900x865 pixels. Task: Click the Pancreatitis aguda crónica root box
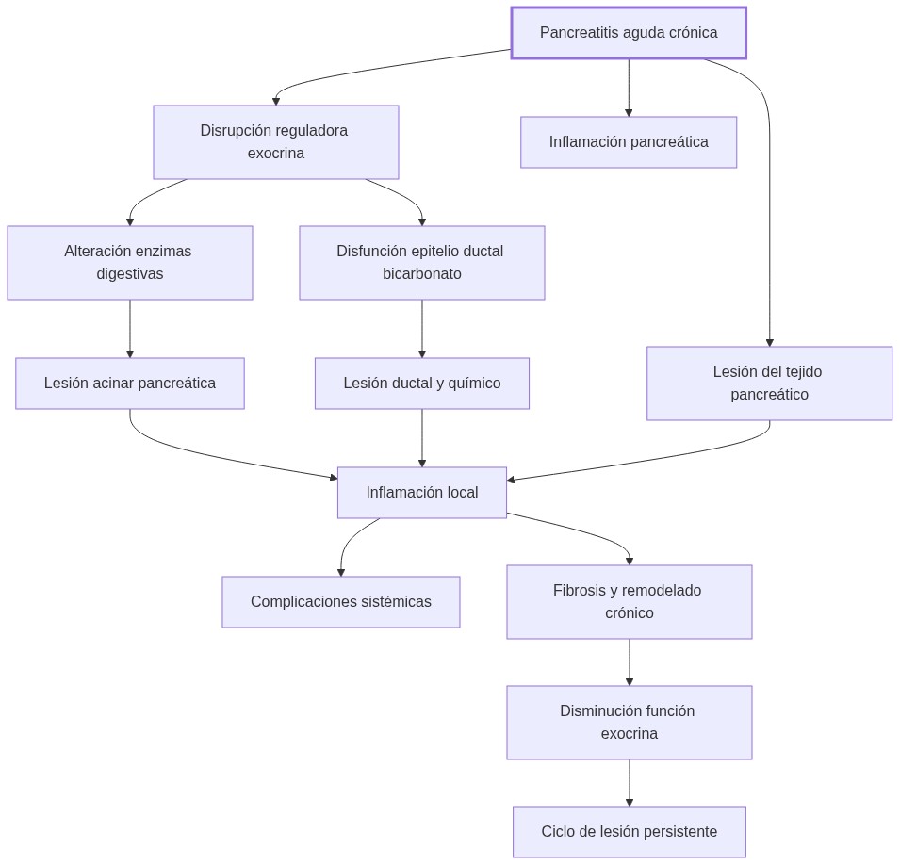click(629, 33)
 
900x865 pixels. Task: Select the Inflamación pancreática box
click(629, 142)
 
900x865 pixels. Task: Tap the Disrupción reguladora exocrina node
click(275, 142)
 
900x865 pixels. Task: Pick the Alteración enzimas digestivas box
click(129, 263)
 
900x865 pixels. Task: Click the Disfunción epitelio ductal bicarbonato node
click(421, 263)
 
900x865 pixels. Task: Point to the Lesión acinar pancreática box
click(129, 384)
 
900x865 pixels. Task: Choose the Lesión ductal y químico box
click(421, 384)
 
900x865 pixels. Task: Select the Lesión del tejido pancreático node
click(769, 384)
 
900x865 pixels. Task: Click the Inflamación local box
click(421, 493)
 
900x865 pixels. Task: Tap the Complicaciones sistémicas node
click(340, 602)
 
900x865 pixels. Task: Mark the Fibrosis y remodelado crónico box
click(629, 602)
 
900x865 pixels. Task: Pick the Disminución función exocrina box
click(629, 723)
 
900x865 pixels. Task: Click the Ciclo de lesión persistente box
click(629, 832)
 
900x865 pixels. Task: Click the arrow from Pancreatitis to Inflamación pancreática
click(629, 88)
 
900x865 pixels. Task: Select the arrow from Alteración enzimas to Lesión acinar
click(130, 329)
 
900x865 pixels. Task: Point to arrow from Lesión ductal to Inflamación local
click(422, 438)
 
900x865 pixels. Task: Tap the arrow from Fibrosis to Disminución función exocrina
click(630, 662)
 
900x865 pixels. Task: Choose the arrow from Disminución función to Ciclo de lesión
click(630, 783)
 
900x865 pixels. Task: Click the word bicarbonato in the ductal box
click(421, 274)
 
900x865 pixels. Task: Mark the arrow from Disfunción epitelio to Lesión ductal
click(422, 329)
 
